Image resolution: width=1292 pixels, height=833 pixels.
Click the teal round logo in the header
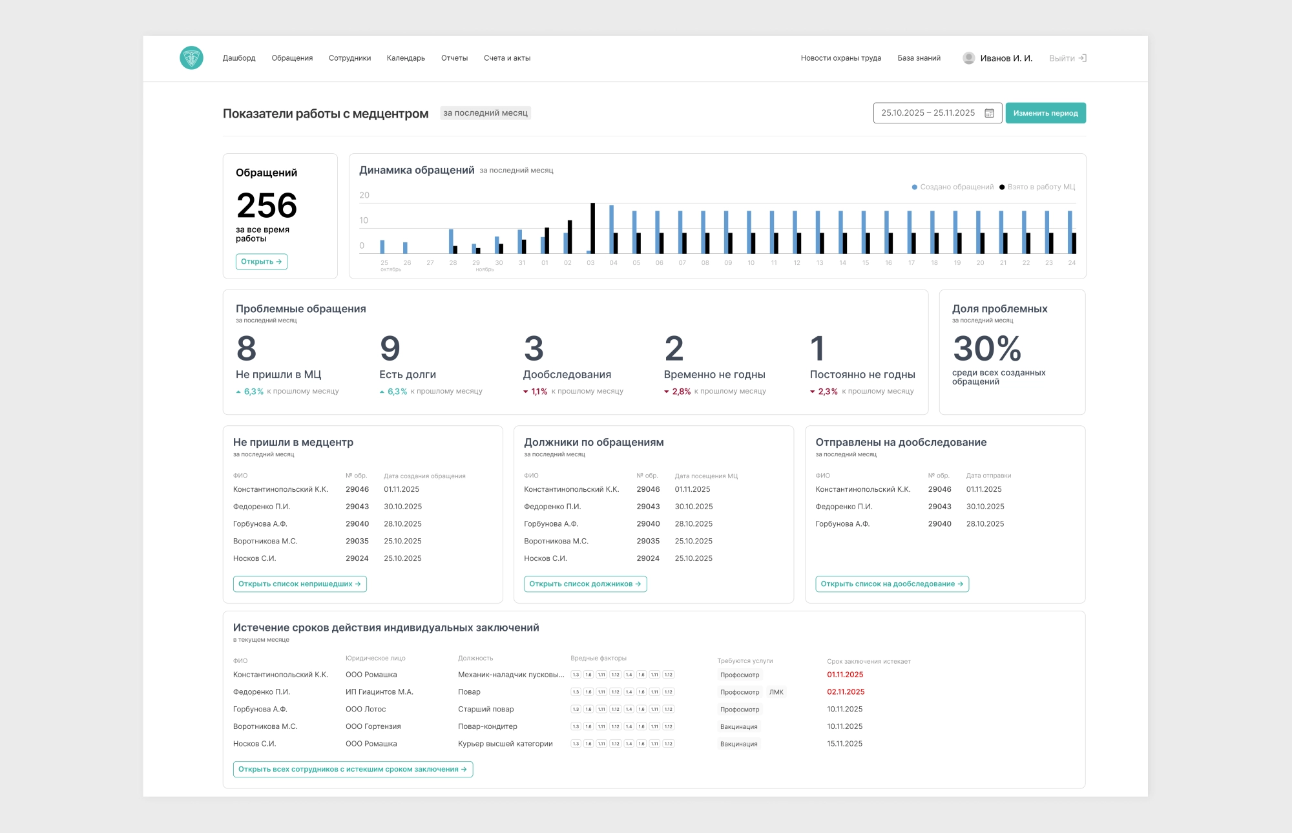[x=191, y=58]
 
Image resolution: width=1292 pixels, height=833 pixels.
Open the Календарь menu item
[x=406, y=58]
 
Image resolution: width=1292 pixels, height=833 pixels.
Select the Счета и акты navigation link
[x=507, y=58]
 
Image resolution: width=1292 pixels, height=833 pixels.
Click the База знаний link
[x=919, y=58]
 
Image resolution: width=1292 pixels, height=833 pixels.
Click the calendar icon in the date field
[x=989, y=113]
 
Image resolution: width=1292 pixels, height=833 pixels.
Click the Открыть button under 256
[x=262, y=262]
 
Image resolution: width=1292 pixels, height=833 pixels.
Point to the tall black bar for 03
[x=592, y=228]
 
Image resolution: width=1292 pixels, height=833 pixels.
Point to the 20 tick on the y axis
[x=364, y=195]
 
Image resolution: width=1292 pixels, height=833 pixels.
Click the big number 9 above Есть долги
[x=390, y=349]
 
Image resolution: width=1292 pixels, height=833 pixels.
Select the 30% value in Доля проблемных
[x=987, y=349]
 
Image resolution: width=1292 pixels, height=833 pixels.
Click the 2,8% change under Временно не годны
[x=681, y=392]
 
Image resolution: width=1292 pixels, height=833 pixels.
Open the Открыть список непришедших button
[x=300, y=584]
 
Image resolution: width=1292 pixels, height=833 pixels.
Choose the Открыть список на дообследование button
[x=891, y=584]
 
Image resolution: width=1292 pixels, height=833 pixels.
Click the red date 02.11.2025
[x=846, y=692]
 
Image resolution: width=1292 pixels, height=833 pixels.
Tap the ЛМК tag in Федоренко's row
[x=776, y=692]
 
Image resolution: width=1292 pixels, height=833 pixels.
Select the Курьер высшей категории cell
[x=505, y=744]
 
